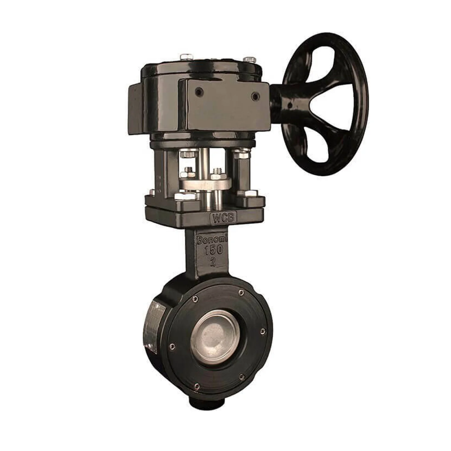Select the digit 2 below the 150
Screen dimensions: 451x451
pyautogui.click(x=213, y=262)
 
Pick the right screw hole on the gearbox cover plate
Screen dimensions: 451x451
pyautogui.click(x=256, y=96)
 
